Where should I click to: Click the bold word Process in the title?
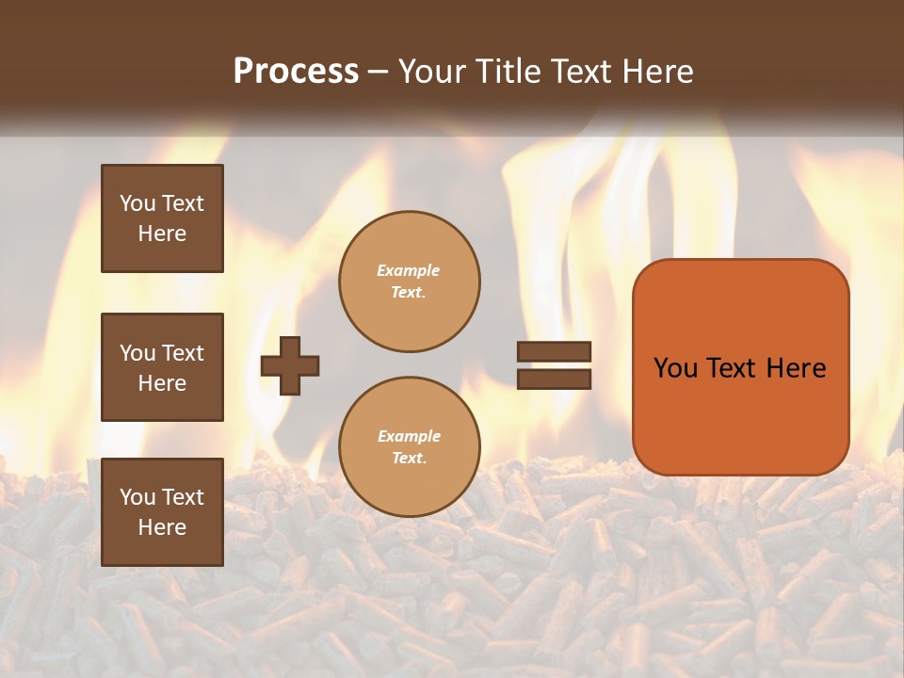click(296, 72)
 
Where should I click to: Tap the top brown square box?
click(162, 218)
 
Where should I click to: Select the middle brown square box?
click(162, 367)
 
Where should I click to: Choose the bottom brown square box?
click(162, 512)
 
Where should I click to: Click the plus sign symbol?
click(290, 365)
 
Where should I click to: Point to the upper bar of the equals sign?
click(555, 351)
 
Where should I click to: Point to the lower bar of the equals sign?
click(555, 379)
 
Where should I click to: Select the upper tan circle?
click(409, 282)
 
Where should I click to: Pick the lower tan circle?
click(409, 447)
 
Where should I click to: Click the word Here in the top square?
click(162, 234)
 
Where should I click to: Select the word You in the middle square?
click(137, 353)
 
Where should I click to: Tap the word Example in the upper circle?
click(409, 270)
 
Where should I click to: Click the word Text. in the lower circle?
click(409, 458)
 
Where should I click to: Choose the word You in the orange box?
click(675, 368)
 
